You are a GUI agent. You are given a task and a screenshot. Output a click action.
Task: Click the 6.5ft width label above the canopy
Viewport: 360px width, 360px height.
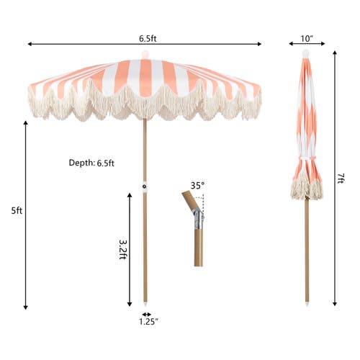tap(148, 38)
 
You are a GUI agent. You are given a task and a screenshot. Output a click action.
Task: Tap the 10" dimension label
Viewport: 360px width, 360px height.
tap(307, 38)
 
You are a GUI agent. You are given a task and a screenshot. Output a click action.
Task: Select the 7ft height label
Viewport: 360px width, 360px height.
tap(341, 179)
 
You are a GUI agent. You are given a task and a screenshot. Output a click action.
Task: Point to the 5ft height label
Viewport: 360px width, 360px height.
tap(17, 211)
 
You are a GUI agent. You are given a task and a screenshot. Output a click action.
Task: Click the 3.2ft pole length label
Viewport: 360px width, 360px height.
tap(123, 250)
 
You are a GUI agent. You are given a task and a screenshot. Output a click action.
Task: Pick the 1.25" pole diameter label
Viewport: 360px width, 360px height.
tap(148, 322)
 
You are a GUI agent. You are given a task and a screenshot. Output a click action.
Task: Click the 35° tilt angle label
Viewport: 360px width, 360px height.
tap(197, 186)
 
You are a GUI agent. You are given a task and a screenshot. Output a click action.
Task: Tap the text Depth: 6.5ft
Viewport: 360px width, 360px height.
tap(91, 163)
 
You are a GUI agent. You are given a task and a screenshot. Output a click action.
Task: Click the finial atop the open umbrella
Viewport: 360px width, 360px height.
tap(145, 55)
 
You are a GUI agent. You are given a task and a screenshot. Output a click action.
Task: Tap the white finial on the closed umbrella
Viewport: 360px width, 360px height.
tap(305, 53)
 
